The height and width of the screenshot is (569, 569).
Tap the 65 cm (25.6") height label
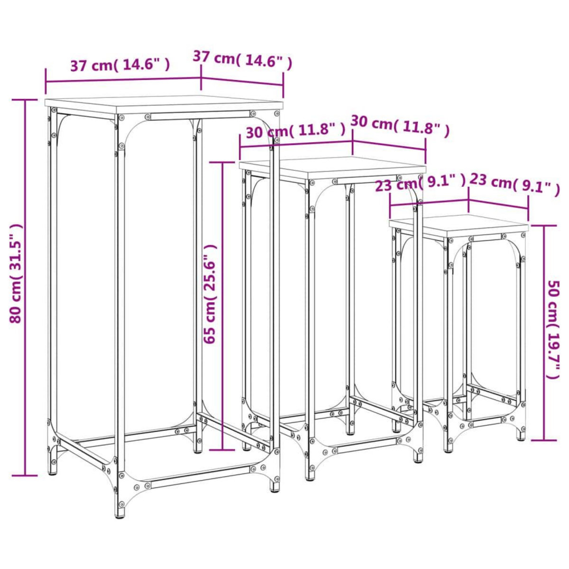pos(210,294)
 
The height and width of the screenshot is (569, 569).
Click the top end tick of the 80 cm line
pos(25,100)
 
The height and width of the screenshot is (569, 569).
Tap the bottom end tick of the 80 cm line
pos(25,475)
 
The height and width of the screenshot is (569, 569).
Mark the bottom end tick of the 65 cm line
pos(222,450)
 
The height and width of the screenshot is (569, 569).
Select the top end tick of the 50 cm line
pos(543,225)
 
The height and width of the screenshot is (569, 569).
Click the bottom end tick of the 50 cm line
pos(543,440)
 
